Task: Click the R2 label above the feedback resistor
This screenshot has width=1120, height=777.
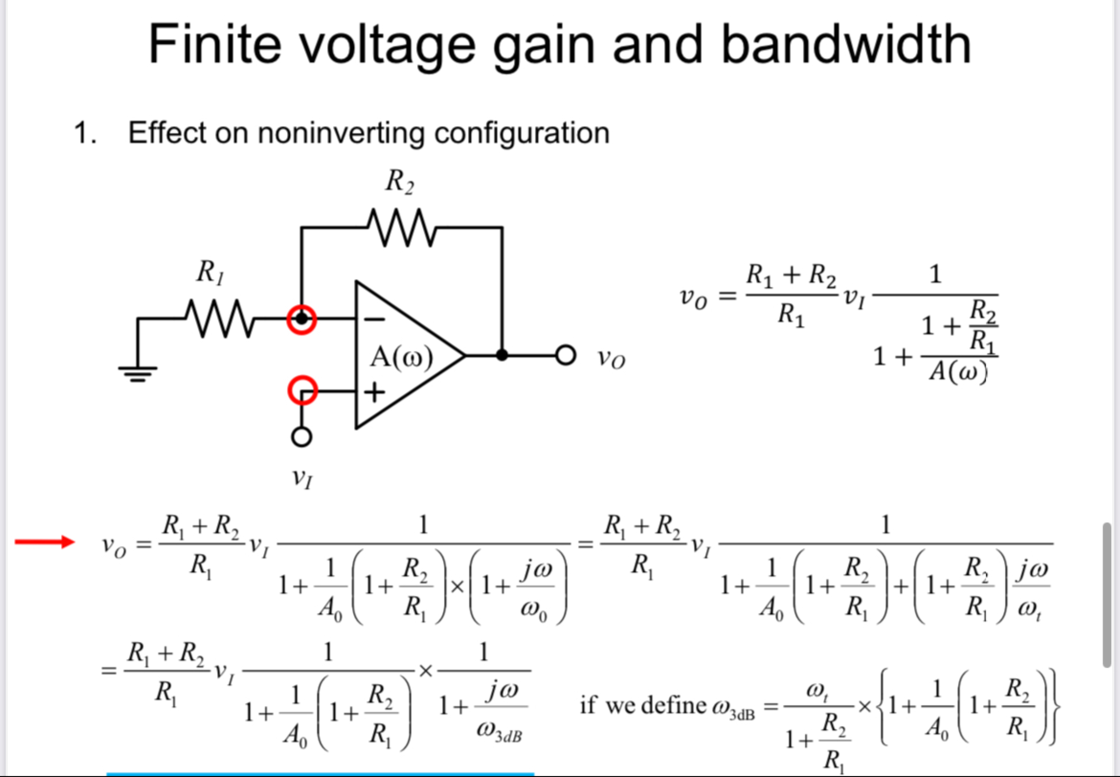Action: click(x=400, y=181)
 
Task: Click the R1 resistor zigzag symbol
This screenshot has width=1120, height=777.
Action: click(x=220, y=319)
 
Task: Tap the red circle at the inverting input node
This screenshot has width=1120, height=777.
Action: click(x=302, y=319)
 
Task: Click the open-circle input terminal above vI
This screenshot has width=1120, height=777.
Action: click(x=302, y=437)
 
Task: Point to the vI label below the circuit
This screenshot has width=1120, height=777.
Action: click(x=302, y=478)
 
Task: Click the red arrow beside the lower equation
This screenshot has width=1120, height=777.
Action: click(x=44, y=542)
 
